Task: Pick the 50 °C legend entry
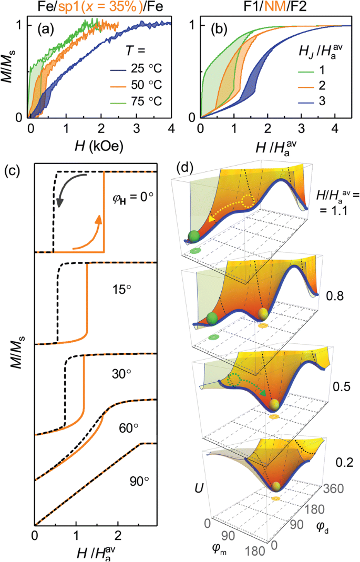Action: click(139, 85)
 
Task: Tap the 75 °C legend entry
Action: click(139, 100)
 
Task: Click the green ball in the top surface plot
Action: click(194, 236)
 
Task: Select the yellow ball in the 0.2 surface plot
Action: click(275, 486)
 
